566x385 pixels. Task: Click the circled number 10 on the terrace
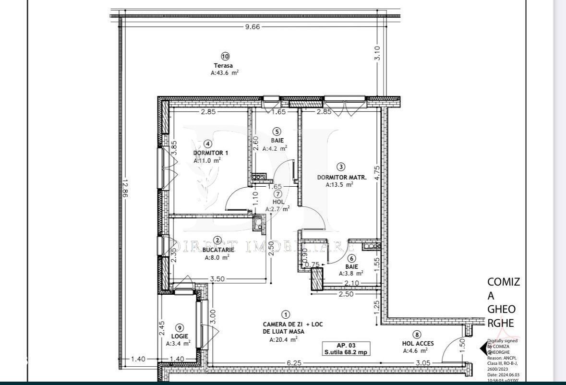point(225,56)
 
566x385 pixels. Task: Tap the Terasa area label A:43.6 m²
point(225,73)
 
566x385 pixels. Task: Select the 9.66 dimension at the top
point(252,27)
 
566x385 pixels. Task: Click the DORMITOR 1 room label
point(211,153)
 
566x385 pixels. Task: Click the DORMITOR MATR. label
point(341,177)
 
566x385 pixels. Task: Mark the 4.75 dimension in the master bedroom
point(377,173)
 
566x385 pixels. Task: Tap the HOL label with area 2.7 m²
point(278,202)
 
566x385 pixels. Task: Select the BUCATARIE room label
point(218,250)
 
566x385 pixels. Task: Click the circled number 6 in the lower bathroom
point(351,258)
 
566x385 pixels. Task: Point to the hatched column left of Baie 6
point(317,279)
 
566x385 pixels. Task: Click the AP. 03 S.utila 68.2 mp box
point(346,349)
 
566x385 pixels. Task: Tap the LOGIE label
point(179,336)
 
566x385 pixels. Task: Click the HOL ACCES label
point(418,343)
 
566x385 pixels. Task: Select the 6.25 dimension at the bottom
point(294,363)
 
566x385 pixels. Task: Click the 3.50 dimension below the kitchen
point(217,278)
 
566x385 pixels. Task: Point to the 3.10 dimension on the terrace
point(377,52)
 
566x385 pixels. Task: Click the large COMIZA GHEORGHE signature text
point(503,302)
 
